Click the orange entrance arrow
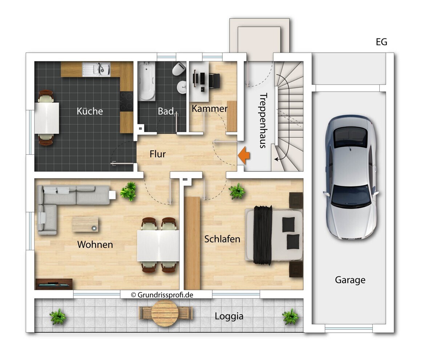244,155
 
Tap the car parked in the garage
351,178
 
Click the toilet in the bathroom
179,69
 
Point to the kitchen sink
96,69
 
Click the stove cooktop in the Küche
126,101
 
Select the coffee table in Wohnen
85,224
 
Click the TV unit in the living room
54,284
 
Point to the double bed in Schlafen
274,235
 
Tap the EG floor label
381,42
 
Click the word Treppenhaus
263,121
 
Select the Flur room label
158,154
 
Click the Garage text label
350,280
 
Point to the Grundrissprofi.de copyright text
162,295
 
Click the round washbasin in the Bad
182,87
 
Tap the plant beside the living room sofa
128,191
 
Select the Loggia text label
229,316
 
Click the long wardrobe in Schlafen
193,243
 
